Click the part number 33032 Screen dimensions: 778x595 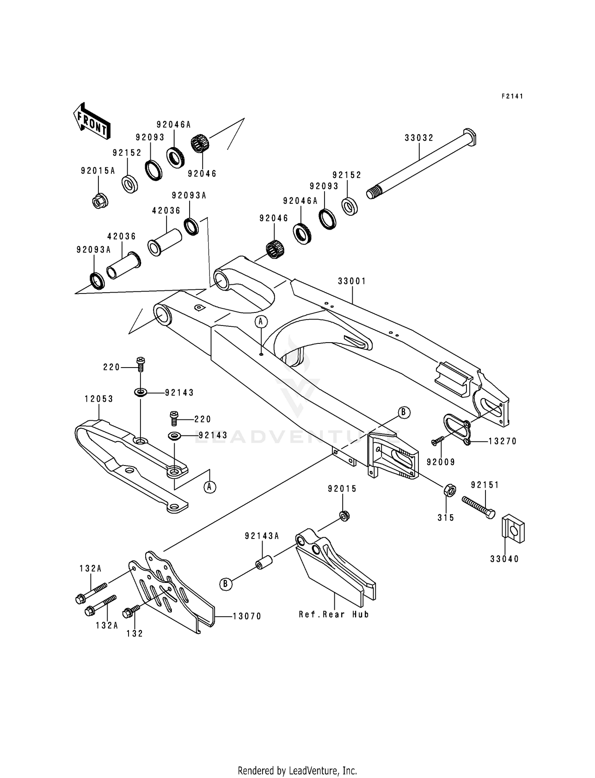(x=419, y=138)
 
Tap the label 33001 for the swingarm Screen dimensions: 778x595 (x=352, y=281)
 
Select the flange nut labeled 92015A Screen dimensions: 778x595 (x=98, y=202)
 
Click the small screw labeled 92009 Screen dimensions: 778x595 (x=437, y=441)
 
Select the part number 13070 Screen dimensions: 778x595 (x=247, y=616)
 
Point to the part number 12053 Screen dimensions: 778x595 (x=99, y=399)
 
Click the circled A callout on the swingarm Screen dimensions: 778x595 (x=261, y=322)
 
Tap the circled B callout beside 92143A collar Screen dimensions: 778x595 (x=225, y=584)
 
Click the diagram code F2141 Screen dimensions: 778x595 (x=512, y=96)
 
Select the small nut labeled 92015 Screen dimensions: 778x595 (x=344, y=516)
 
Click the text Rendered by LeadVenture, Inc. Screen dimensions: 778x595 (x=297, y=770)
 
